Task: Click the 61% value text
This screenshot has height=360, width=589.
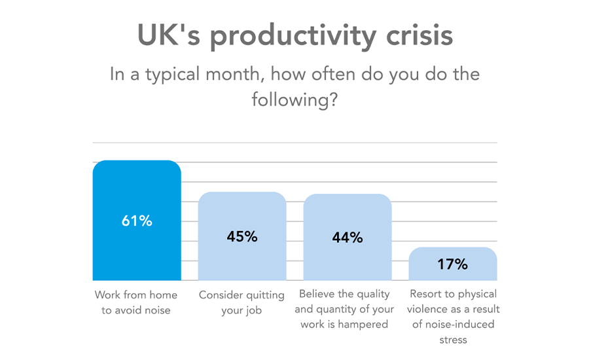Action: [137, 221]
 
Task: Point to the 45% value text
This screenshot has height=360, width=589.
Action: [242, 236]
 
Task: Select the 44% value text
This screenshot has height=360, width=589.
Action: [347, 238]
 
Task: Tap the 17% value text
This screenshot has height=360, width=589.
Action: [453, 264]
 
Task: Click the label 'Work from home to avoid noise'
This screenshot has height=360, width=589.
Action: [136, 302]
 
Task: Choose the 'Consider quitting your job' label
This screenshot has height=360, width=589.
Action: [241, 302]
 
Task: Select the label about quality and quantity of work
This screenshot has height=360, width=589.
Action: [344, 309]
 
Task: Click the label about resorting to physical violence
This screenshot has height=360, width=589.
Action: [453, 316]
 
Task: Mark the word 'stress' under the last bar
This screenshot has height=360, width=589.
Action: [453, 340]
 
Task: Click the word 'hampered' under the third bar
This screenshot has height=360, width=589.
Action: [363, 325]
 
